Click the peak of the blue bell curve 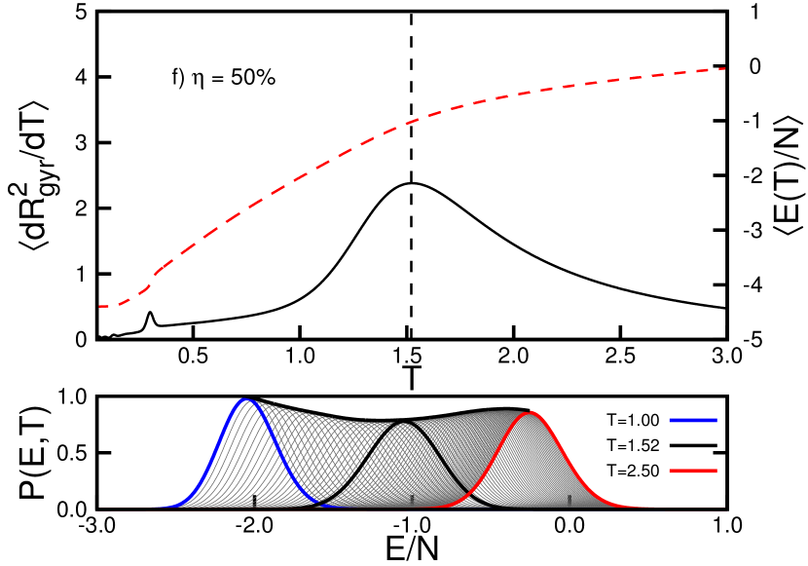pos(246,400)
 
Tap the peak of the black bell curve pos(406,423)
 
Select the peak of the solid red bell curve pos(532,413)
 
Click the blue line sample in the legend pos(693,420)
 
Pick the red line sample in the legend pos(693,471)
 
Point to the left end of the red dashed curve pos(99,306)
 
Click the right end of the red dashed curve pos(725,68)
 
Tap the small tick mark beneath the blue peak pos(254,501)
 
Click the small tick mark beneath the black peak pos(411,500)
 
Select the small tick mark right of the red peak pos(569,500)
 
